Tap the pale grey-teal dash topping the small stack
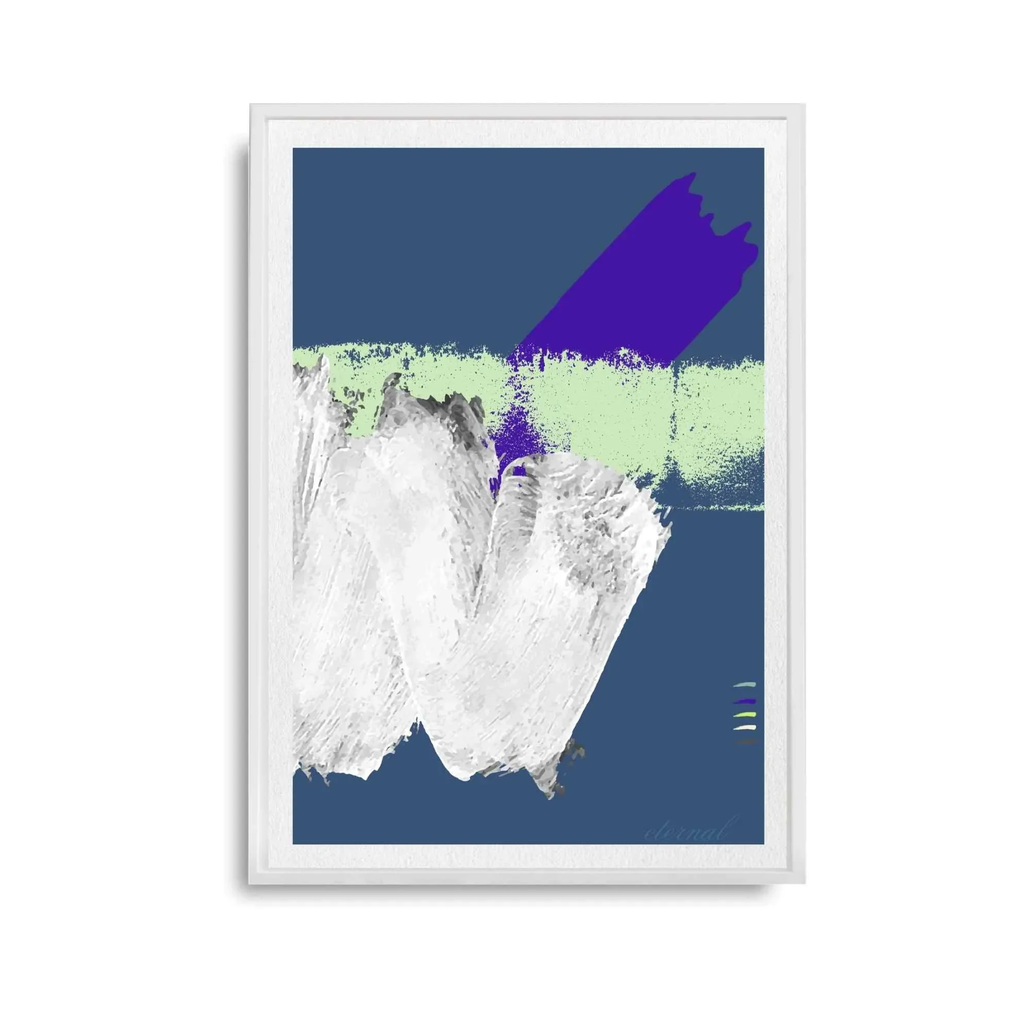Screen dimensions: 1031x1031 [x=745, y=685]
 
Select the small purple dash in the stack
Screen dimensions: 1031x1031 [x=745, y=700]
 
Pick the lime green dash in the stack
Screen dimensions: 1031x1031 [x=745, y=714]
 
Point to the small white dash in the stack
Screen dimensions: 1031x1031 [x=745, y=728]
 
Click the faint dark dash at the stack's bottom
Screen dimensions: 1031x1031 [x=745, y=742]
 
